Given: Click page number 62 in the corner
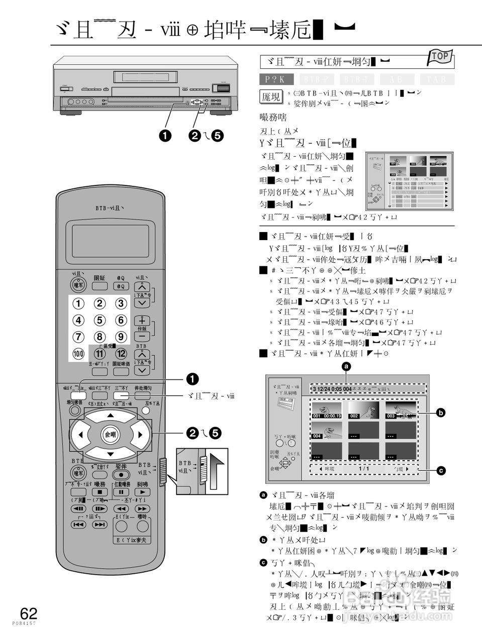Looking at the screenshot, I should pyautogui.click(x=29, y=613).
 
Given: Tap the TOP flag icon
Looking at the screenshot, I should pyautogui.click(x=440, y=56).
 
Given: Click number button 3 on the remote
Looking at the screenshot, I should pyautogui.click(x=121, y=303).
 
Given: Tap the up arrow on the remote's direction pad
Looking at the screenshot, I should pyautogui.click(x=110, y=416).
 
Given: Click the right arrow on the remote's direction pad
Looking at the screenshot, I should pyautogui.click(x=140, y=435).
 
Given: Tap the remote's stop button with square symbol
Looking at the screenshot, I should pyautogui.click(x=100, y=492).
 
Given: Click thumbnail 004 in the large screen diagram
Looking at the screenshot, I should pyautogui.click(x=326, y=431).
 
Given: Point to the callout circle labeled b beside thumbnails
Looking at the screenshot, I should pyautogui.click(x=441, y=413).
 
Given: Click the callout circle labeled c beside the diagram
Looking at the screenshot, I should pyautogui.click(x=441, y=471).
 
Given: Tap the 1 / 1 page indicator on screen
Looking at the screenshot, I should pyautogui.click(x=364, y=469).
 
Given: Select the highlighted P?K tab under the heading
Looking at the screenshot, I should pyautogui.click(x=276, y=79).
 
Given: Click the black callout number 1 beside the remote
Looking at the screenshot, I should pyautogui.click(x=192, y=379).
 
